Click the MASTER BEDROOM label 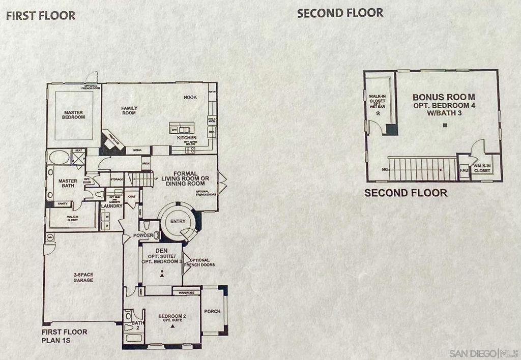tap(74, 114)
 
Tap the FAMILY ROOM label tap(129, 110)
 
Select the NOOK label tap(191, 97)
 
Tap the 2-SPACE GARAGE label tap(82, 277)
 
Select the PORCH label tap(212, 311)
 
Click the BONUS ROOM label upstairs tap(444, 97)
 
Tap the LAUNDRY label tap(111, 206)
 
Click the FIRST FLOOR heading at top tap(40, 15)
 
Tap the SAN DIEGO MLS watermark tap(483, 353)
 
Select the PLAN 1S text tap(55, 341)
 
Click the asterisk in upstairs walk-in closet tap(378, 114)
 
